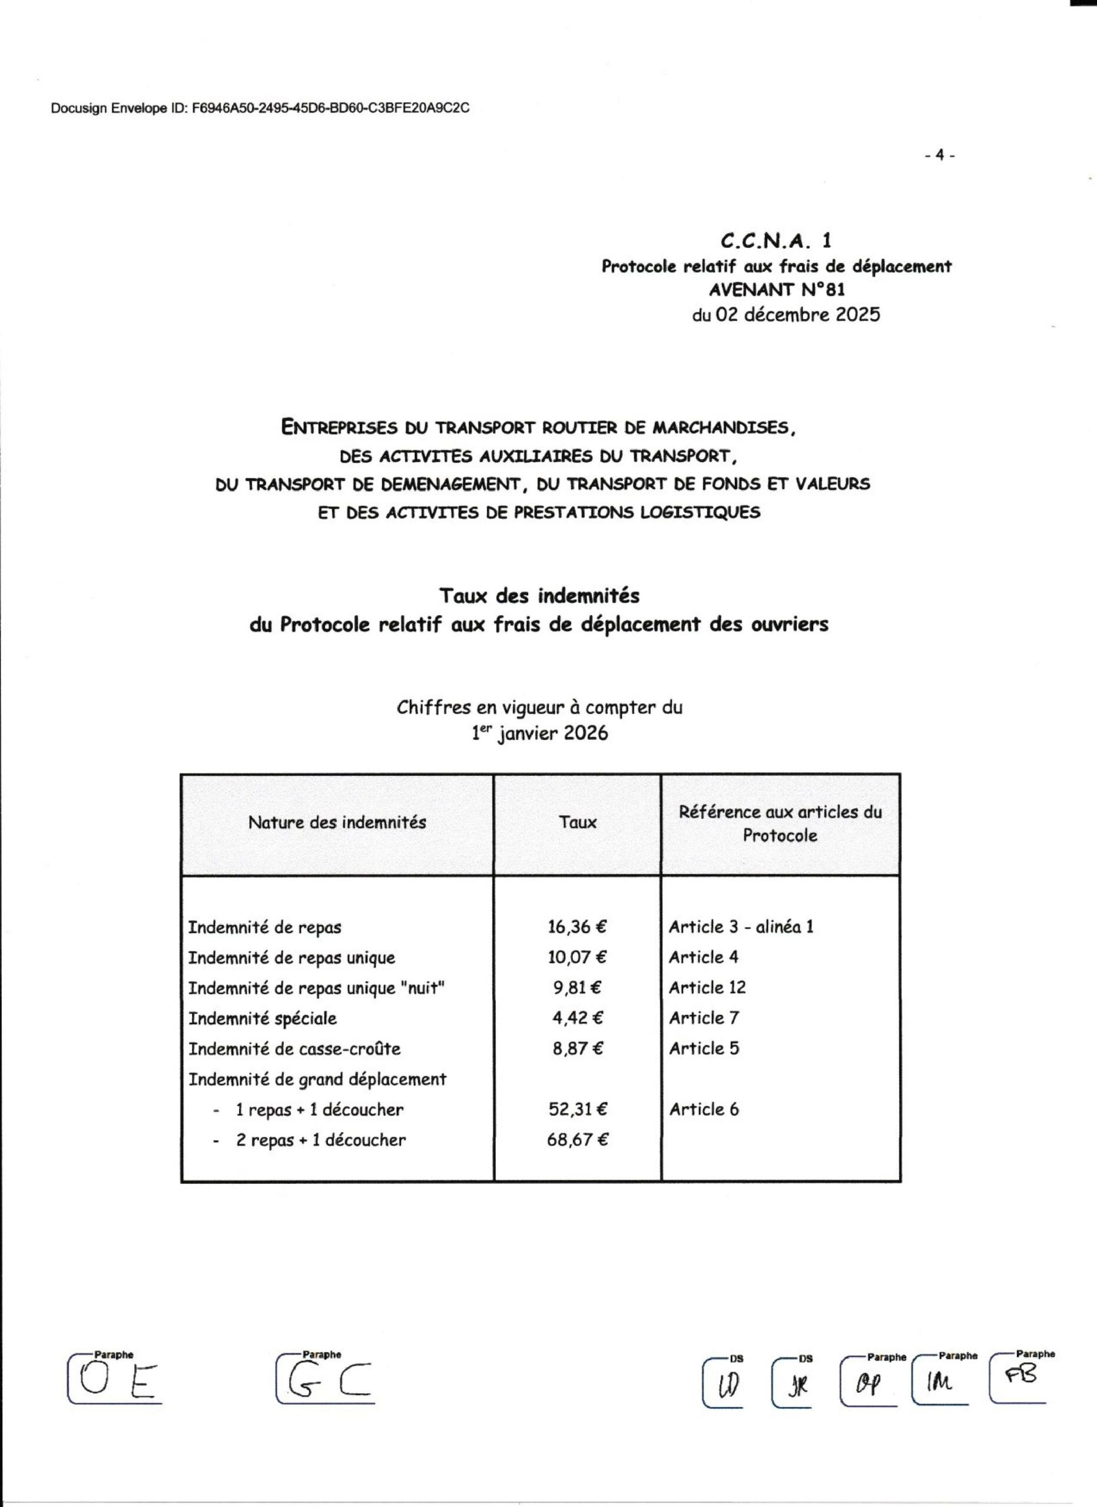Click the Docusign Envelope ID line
260,108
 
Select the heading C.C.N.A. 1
776,240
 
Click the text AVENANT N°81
777,290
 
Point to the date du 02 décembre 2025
786,314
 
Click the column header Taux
578,822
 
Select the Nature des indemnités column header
337,822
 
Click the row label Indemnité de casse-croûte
294,1049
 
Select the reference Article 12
707,988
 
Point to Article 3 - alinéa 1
741,927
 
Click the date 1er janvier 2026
539,733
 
